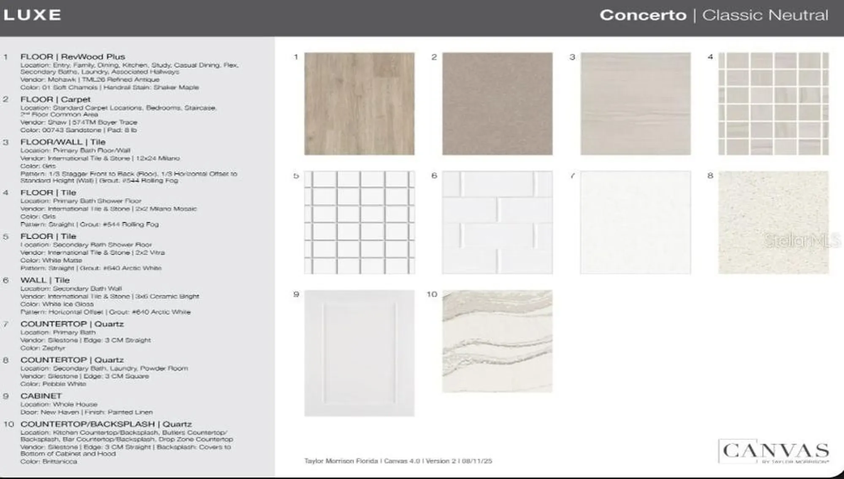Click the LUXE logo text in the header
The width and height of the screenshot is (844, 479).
[x=32, y=15]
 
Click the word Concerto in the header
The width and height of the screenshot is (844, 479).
[x=643, y=15]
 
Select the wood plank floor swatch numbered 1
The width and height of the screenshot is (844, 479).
[x=359, y=104]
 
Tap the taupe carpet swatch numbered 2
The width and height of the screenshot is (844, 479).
[x=497, y=104]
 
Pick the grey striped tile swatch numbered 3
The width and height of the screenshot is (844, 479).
[x=635, y=104]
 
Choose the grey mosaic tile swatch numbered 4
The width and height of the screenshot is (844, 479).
[x=774, y=104]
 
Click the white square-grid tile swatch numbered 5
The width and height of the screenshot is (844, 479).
[x=359, y=223]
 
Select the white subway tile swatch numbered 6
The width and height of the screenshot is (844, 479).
[x=497, y=223]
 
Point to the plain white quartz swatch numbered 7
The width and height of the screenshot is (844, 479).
[x=635, y=223]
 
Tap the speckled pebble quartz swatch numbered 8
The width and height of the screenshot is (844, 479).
[x=774, y=223]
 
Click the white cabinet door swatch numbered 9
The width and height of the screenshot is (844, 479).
[x=359, y=353]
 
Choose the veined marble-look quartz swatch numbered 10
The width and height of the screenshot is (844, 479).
[x=497, y=341]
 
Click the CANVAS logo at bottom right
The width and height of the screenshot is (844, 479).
[x=775, y=451]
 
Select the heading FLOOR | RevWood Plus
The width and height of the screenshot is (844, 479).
[x=73, y=57]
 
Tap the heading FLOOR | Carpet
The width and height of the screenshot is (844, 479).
[x=55, y=99]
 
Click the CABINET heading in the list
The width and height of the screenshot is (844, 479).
[x=41, y=396]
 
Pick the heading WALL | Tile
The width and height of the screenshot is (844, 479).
[x=45, y=280]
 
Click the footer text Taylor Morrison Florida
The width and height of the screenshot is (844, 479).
[x=341, y=461]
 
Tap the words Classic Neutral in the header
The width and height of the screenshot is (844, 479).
[x=765, y=15]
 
